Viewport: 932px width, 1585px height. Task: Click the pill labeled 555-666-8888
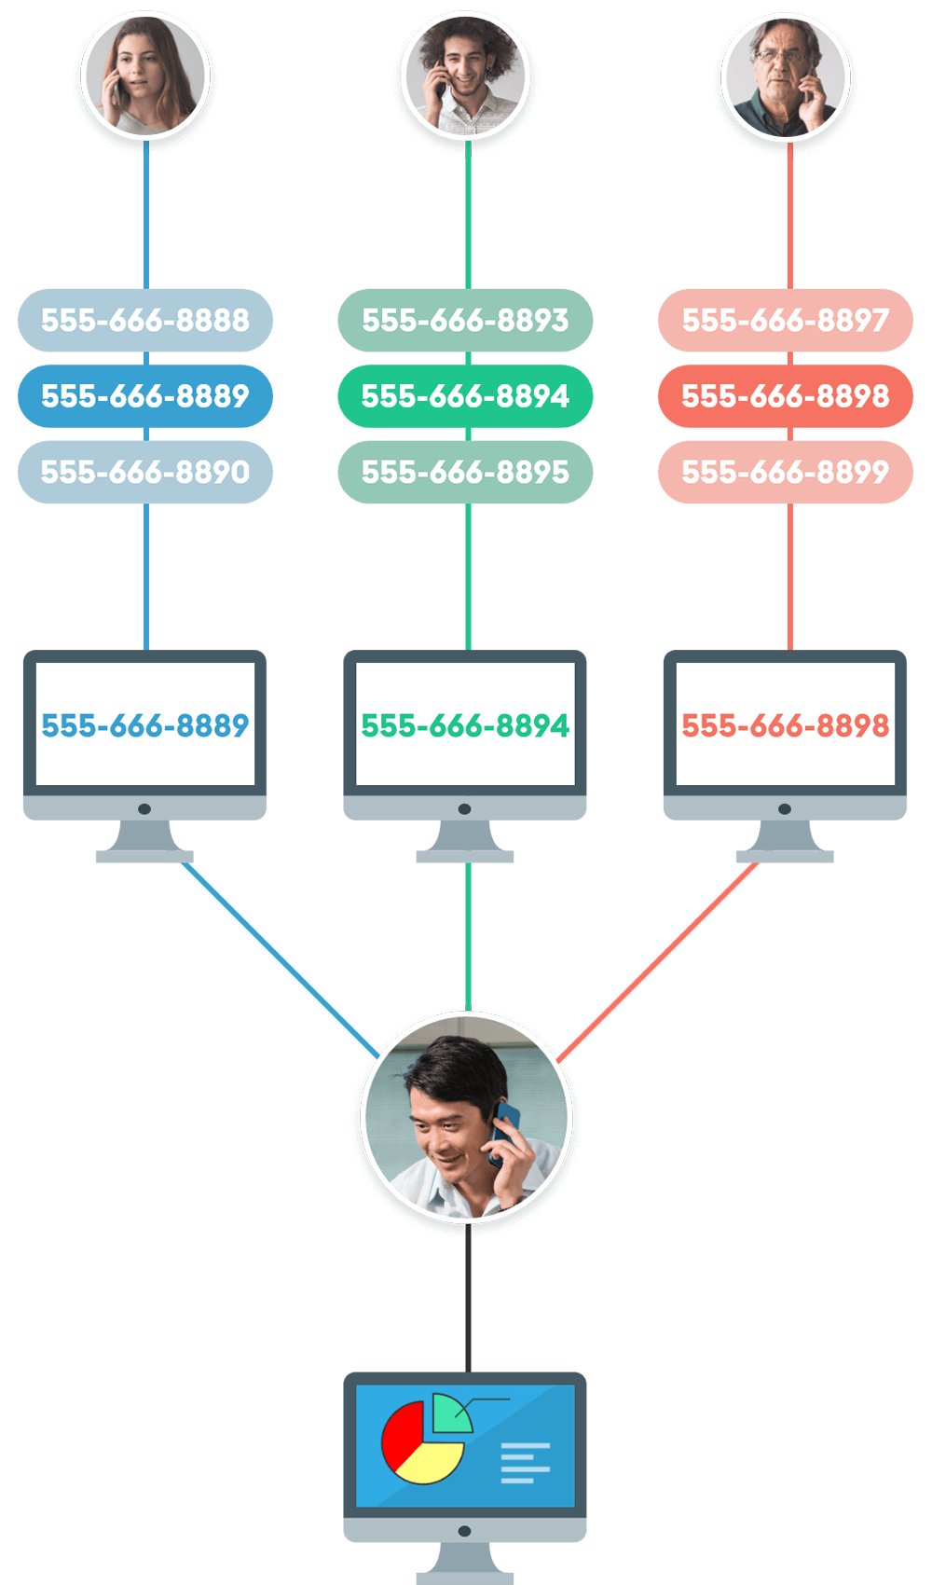[x=145, y=320]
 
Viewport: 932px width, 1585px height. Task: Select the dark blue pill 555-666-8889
[x=145, y=396]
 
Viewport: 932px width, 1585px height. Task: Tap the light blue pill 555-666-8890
[x=145, y=472]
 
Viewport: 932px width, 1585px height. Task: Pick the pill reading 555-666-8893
[x=465, y=320]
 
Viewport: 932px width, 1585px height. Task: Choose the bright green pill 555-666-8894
[x=465, y=396]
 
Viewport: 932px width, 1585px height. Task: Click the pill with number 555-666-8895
[x=465, y=472]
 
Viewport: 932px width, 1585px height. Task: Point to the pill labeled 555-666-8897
[x=785, y=320]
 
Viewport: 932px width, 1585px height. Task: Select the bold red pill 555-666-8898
[x=785, y=396]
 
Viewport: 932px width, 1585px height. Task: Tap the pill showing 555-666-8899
[x=785, y=472]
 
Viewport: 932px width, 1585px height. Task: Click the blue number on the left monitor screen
[x=145, y=725]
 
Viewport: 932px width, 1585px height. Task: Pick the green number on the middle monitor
[x=465, y=725]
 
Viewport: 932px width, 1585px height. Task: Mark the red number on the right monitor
[x=785, y=725]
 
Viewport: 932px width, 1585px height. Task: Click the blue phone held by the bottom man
[x=505, y=1128]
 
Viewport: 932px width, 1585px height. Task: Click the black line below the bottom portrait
[x=468, y=1296]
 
